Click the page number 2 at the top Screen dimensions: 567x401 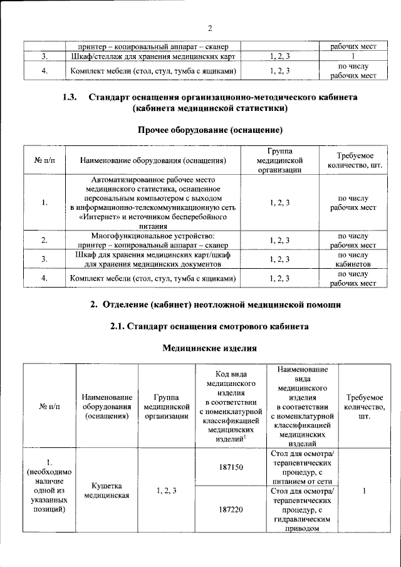[x=211, y=28]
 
